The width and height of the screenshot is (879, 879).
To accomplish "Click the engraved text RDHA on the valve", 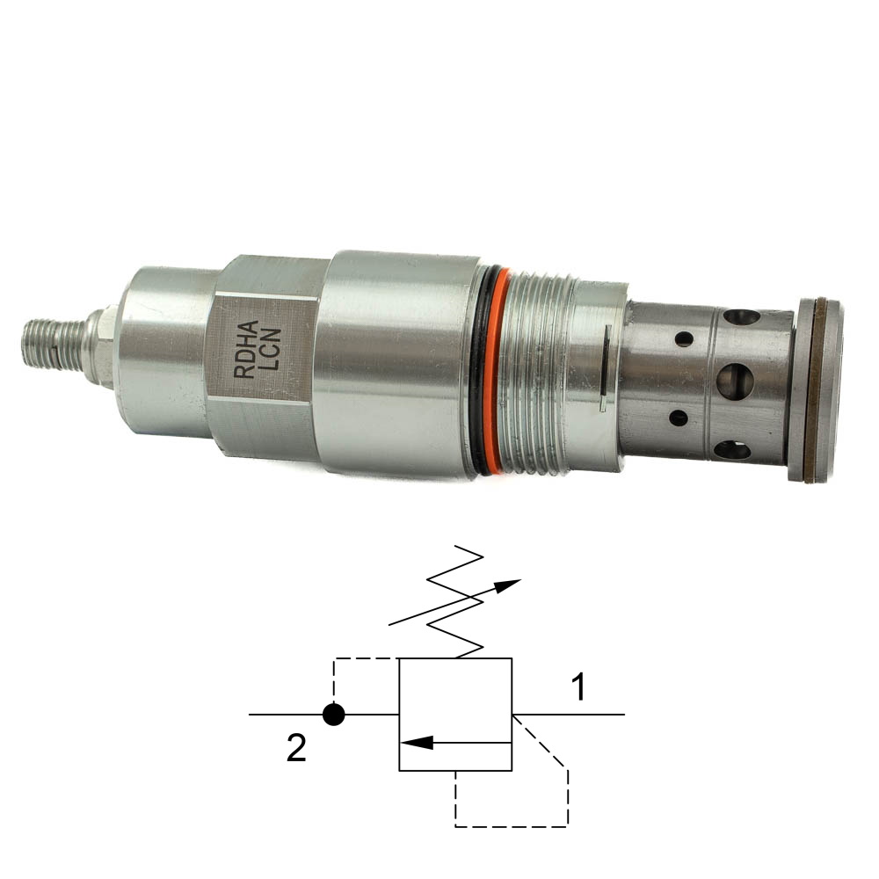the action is pos(245,349).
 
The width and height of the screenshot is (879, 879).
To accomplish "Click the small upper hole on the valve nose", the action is pos(684,338).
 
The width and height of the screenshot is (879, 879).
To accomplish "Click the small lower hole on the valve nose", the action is pos(679,418).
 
